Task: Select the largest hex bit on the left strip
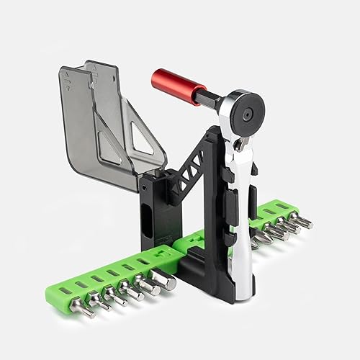(163, 284)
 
